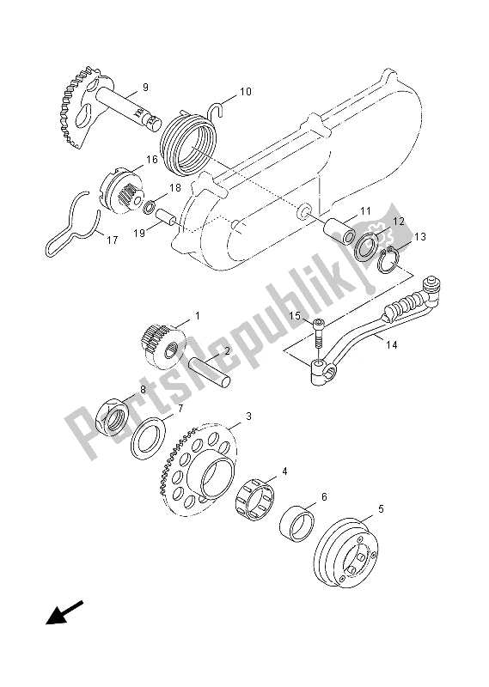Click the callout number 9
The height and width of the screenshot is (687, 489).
pyautogui.click(x=145, y=88)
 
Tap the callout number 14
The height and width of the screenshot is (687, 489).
pyautogui.click(x=392, y=345)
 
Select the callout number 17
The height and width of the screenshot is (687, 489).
pyautogui.click(x=113, y=240)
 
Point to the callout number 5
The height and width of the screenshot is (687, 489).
pyautogui.click(x=381, y=508)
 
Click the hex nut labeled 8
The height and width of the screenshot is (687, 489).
pyautogui.click(x=112, y=416)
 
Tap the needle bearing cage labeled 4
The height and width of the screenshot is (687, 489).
pyautogui.click(x=255, y=496)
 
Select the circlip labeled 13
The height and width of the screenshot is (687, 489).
pyautogui.click(x=388, y=260)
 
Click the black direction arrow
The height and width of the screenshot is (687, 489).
pyautogui.click(x=64, y=612)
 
